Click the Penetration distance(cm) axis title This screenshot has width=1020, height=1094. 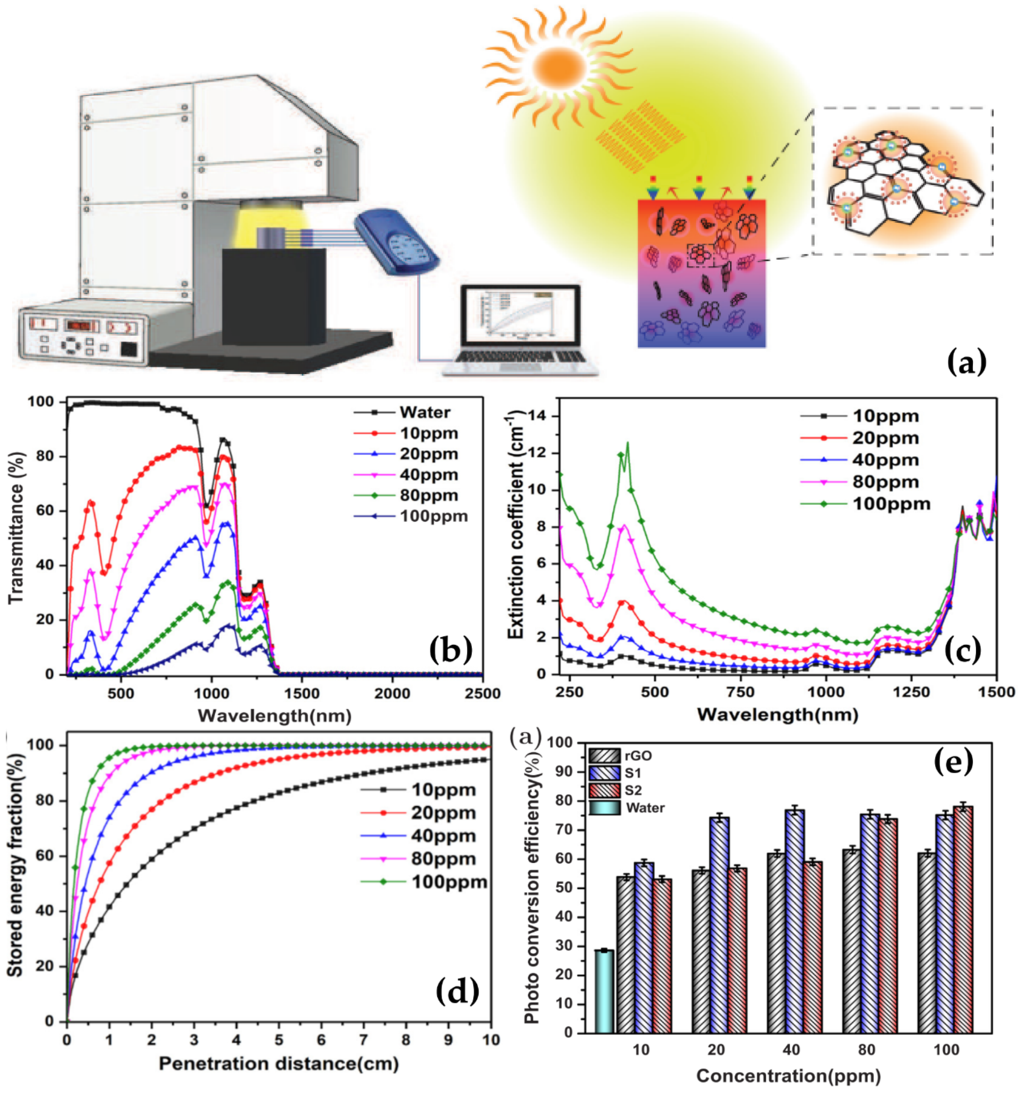coord(279,1063)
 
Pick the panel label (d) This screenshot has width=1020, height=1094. coord(457,991)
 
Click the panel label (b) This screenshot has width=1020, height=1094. coord(450,649)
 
